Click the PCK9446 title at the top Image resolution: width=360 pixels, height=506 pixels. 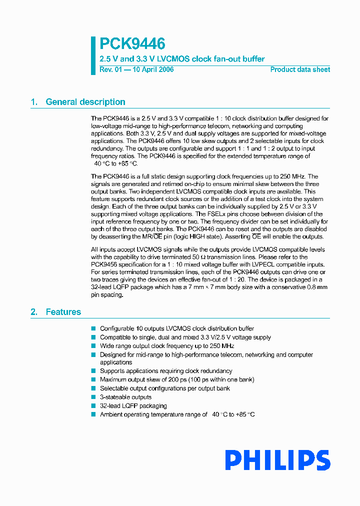point(132,44)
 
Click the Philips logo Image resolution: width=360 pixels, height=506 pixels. point(277,460)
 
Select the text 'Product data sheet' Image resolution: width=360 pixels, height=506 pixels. point(300,69)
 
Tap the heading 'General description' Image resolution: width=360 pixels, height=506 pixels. point(85,102)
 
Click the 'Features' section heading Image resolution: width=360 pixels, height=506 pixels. point(63,312)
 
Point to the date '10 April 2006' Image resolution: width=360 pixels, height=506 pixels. point(153,69)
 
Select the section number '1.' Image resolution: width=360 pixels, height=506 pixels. point(34,102)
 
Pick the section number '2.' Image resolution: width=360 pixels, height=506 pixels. point(34,312)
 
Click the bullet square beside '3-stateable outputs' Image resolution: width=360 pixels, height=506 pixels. point(93,397)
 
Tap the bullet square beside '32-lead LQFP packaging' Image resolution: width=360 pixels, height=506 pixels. point(93,405)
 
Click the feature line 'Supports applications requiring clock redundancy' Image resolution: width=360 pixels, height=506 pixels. point(166,371)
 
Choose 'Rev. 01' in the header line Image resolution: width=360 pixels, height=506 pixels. point(107,69)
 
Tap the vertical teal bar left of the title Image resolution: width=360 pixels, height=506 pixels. point(93,55)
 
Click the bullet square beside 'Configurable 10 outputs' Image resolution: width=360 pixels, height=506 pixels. point(93,328)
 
